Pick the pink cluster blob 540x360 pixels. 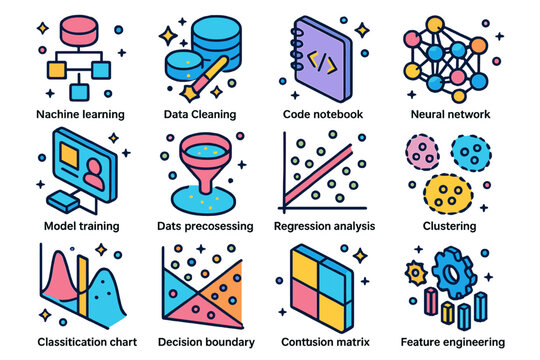(424, 152)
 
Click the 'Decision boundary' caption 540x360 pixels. (206, 341)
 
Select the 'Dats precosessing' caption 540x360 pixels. (206, 226)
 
